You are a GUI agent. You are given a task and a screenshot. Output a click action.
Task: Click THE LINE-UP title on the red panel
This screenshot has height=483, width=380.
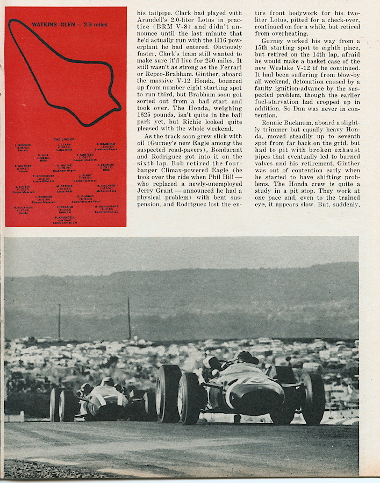coord(66,139)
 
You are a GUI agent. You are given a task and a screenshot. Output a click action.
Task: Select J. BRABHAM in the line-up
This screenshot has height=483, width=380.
coord(106,144)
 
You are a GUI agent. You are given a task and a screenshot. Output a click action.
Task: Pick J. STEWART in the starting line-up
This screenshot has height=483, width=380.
coord(106,165)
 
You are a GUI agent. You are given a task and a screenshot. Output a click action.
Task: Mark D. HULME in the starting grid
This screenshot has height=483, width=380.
coord(64,165)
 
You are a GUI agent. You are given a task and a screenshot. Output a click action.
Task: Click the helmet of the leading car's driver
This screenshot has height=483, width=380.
coord(245,356)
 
